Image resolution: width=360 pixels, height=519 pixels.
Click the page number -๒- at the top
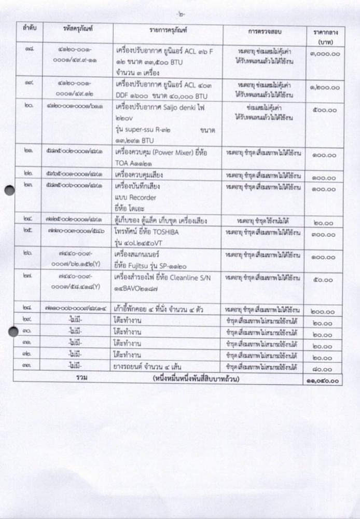point(180,11)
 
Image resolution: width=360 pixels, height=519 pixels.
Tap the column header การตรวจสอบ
point(265,32)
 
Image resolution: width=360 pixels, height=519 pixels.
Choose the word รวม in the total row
point(81,378)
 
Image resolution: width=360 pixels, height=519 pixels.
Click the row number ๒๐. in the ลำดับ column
point(30,110)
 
